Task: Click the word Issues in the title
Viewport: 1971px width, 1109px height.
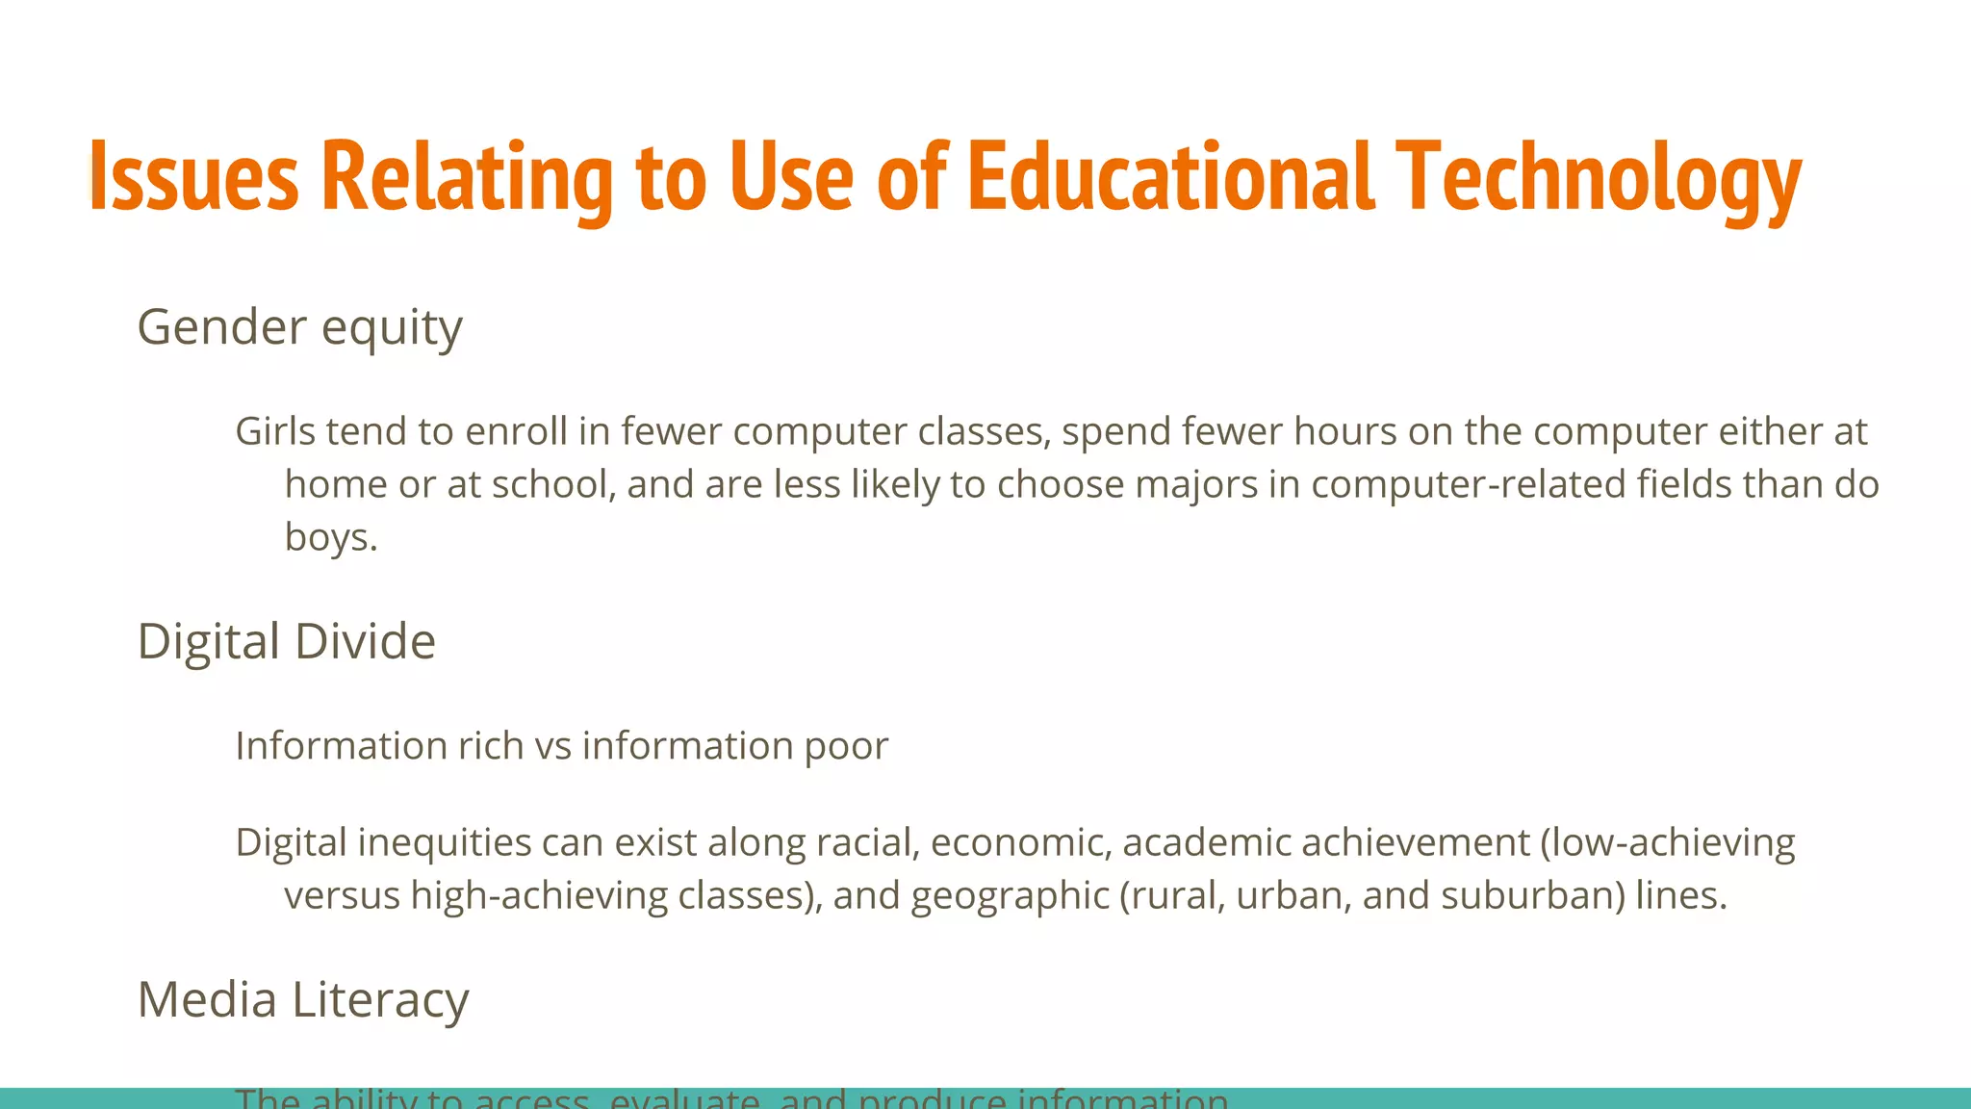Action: click(x=193, y=177)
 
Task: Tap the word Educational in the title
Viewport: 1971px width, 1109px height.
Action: click(x=1169, y=177)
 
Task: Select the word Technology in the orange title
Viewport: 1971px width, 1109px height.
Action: click(x=1598, y=177)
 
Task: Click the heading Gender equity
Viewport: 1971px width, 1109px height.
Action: click(x=299, y=328)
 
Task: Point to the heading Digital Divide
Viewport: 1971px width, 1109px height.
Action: click(x=286, y=642)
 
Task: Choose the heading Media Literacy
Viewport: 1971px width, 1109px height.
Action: click(x=303, y=1000)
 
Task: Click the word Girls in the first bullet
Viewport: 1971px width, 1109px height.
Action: click(x=275, y=431)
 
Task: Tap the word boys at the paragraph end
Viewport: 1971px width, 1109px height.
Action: click(x=326, y=537)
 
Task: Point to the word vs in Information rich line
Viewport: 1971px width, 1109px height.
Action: click(x=552, y=746)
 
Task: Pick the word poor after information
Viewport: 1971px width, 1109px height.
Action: click(x=846, y=746)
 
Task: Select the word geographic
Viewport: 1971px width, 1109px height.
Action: click(x=1010, y=896)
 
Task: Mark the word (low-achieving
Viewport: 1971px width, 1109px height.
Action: click(x=1668, y=842)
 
